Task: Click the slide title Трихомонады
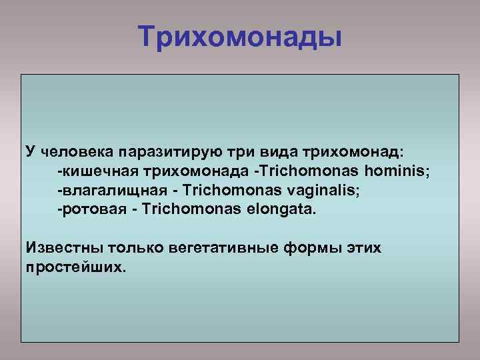(240, 36)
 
